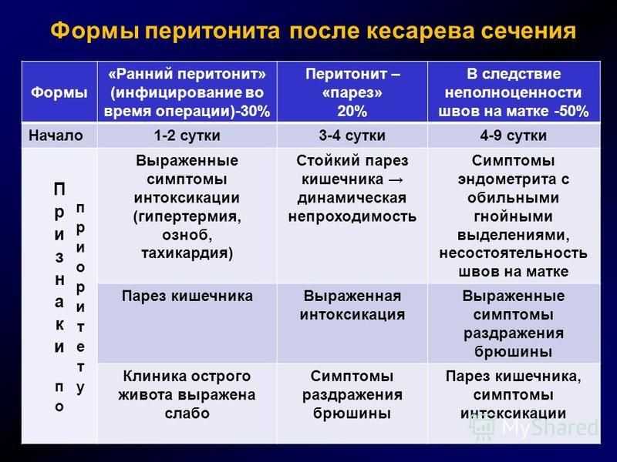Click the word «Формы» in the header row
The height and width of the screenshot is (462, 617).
(x=59, y=92)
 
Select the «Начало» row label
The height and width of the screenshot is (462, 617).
(x=56, y=136)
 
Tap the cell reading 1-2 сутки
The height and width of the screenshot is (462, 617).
(x=187, y=136)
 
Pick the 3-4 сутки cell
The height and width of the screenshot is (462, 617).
(x=352, y=136)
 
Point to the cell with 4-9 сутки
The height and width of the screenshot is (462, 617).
(x=514, y=136)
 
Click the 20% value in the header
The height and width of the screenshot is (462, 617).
(x=352, y=111)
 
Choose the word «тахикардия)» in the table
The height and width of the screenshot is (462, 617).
(x=187, y=253)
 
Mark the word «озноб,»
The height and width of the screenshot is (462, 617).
(x=187, y=235)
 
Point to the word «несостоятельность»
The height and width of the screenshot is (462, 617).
(x=514, y=253)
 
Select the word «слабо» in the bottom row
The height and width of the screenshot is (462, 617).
(x=187, y=413)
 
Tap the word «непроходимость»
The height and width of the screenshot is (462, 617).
(x=352, y=216)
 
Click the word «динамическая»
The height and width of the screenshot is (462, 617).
(x=352, y=198)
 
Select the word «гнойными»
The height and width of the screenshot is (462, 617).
(x=514, y=216)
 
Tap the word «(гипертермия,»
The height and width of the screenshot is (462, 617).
(x=187, y=216)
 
